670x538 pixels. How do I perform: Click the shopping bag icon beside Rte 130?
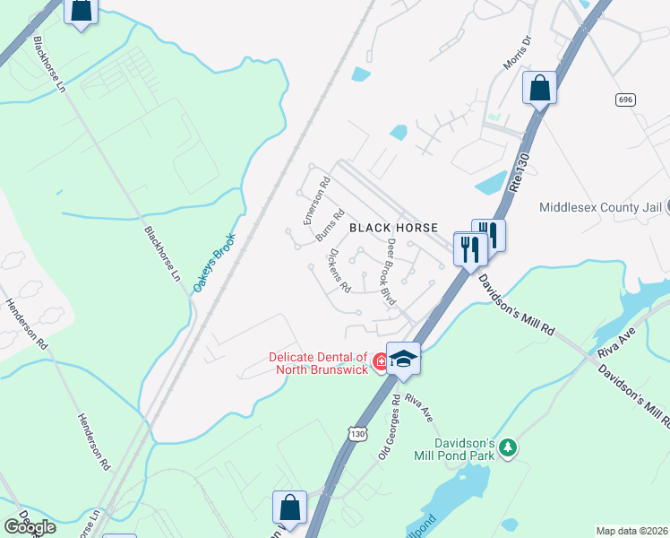click(539, 89)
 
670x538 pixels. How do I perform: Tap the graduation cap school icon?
click(403, 359)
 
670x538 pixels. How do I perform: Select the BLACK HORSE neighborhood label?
click(393, 229)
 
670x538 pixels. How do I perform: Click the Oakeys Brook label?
click(213, 263)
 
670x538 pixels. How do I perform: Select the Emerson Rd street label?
click(316, 200)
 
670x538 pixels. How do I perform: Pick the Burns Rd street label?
click(331, 225)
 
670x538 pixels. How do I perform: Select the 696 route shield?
click(625, 100)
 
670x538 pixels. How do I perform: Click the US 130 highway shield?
click(356, 434)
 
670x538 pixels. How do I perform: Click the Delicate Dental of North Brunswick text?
click(319, 364)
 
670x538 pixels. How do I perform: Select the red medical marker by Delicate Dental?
click(381, 362)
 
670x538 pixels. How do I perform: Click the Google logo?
click(29, 526)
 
